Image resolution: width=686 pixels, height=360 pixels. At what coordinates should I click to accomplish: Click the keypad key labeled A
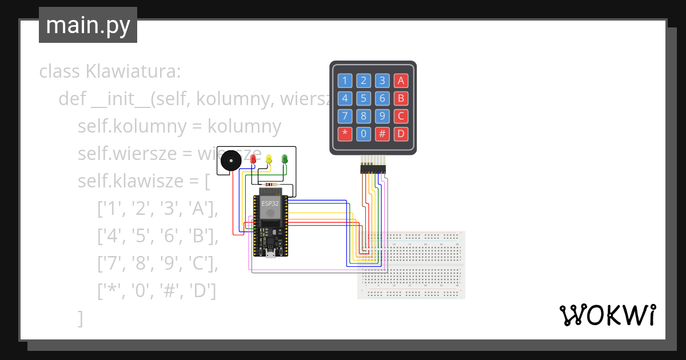(x=401, y=81)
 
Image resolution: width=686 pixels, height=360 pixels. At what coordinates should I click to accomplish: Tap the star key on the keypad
(x=345, y=134)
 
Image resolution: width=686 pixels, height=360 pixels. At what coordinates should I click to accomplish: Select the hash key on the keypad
(x=382, y=134)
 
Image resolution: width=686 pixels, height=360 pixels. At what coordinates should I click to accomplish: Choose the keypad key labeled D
(x=401, y=134)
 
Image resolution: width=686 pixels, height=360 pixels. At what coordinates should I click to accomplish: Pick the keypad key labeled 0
(x=364, y=134)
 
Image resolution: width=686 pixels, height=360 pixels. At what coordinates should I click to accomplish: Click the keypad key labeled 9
(x=382, y=117)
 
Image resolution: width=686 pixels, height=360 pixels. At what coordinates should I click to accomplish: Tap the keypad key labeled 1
(x=345, y=81)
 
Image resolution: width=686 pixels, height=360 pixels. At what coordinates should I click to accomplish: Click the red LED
(x=253, y=158)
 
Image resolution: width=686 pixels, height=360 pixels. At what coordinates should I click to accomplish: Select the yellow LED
(x=269, y=158)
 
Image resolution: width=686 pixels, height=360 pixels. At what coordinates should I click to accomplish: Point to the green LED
(x=285, y=158)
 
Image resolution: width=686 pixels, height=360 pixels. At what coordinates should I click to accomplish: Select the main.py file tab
(x=88, y=25)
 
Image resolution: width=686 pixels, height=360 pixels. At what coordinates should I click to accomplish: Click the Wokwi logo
(x=607, y=315)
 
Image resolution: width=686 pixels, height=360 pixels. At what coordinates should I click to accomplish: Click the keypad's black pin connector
(x=373, y=169)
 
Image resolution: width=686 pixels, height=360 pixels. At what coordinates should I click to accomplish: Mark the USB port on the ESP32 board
(x=268, y=253)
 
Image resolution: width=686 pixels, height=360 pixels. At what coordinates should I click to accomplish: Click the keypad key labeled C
(x=401, y=117)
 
